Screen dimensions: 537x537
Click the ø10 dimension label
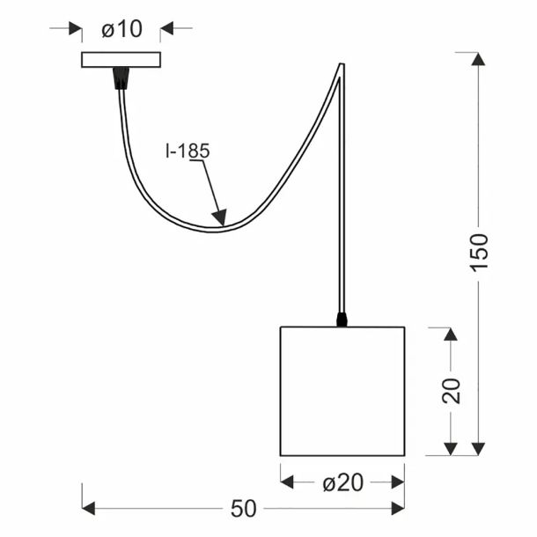pos(121,29)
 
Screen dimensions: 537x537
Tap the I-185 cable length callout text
pos(188,151)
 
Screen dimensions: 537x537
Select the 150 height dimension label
pos(478,253)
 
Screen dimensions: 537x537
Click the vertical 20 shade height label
pos(451,391)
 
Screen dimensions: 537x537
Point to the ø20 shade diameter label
pos(342,483)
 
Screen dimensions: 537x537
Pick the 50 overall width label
pos(244,509)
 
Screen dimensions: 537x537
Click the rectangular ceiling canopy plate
pos(121,60)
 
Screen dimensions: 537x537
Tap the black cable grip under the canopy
pos(121,78)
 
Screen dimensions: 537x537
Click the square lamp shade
pos(342,391)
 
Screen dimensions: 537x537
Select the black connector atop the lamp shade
pos(342,320)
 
